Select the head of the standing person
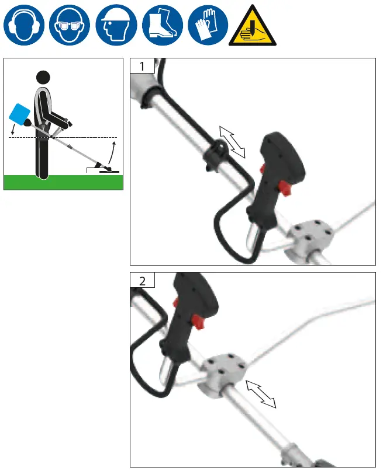[x=43, y=77]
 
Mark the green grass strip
[x=63, y=182]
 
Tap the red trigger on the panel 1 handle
[x=285, y=188]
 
